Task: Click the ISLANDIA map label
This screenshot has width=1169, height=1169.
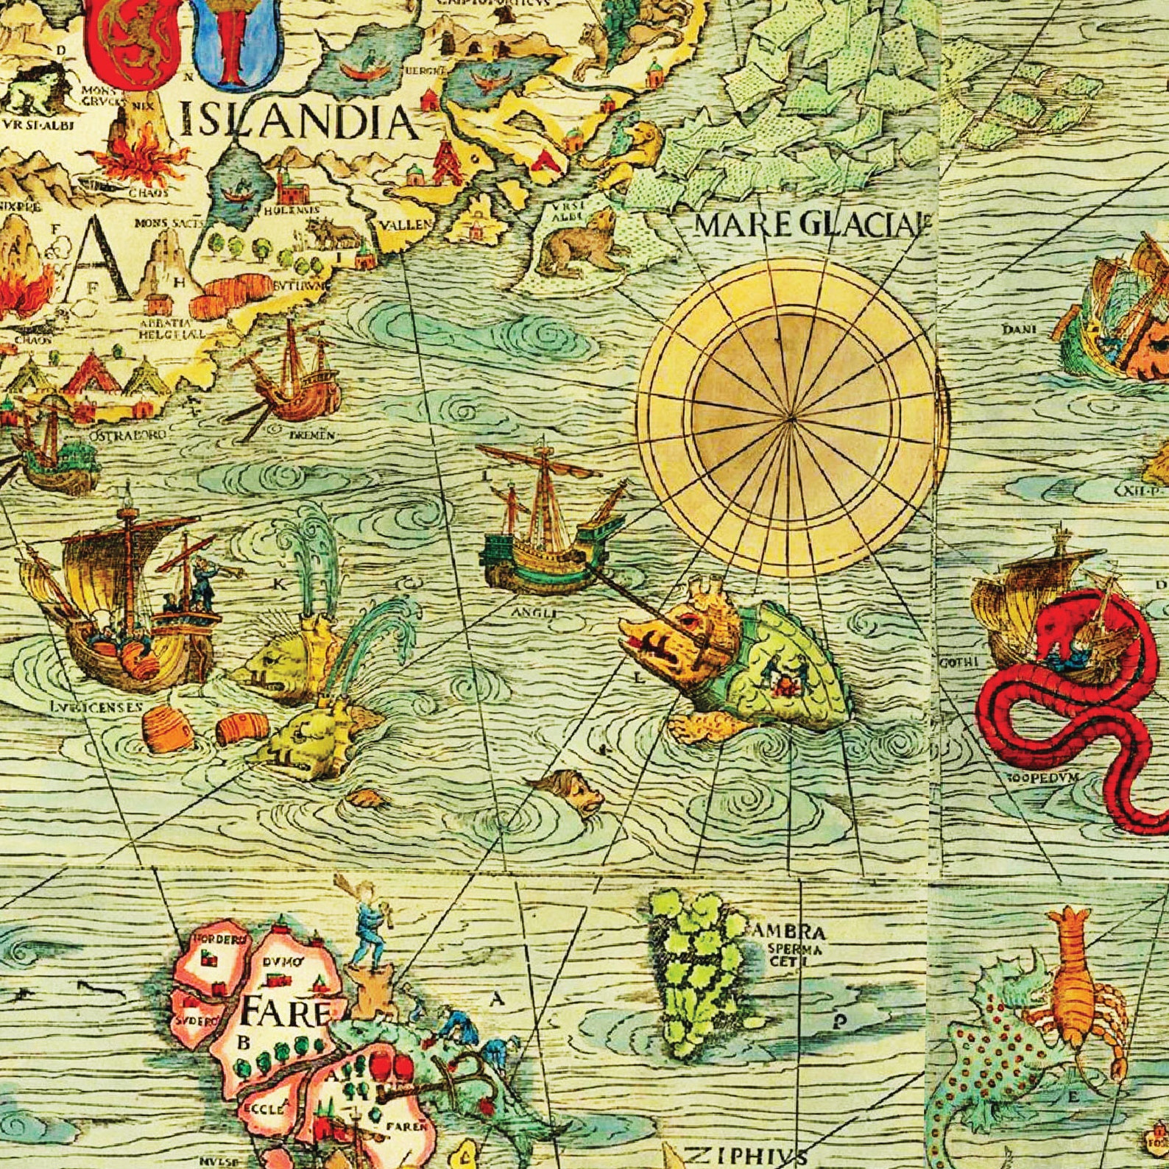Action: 298,121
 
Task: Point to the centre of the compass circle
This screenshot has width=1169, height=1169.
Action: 790,418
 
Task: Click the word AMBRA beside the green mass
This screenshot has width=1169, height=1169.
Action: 790,932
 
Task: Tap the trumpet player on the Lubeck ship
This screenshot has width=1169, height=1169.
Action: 201,578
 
